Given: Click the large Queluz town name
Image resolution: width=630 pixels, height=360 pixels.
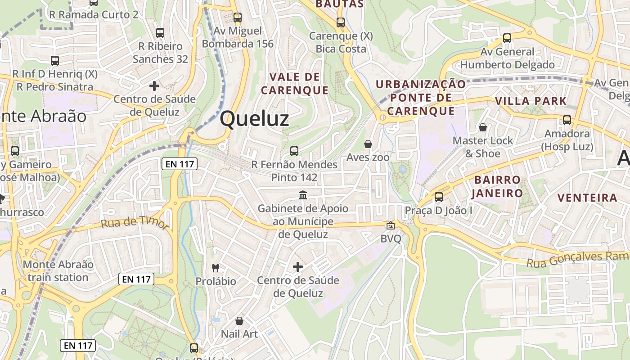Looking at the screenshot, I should [x=254, y=119].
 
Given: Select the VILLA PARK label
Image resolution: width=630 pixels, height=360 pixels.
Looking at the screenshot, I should [x=531, y=101].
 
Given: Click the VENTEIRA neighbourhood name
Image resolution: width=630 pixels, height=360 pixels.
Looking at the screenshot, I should [x=587, y=198].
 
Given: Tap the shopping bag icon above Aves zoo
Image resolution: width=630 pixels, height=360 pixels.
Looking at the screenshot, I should [x=368, y=144].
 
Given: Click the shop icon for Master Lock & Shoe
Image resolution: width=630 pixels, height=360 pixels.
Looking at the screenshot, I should [x=483, y=127].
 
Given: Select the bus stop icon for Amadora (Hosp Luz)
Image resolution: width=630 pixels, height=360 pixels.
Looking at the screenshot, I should [x=567, y=120].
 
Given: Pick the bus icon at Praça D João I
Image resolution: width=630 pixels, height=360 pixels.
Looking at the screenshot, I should [x=439, y=197].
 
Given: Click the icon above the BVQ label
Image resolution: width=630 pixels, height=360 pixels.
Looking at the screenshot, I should [x=390, y=226].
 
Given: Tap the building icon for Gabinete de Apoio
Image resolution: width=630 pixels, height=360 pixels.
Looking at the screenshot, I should [x=303, y=195].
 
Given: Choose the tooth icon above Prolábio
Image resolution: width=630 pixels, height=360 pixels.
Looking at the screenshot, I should [x=216, y=268].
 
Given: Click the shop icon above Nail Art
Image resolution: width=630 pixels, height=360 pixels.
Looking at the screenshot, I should [x=239, y=321].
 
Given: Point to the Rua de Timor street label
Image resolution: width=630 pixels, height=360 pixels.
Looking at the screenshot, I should [x=135, y=222].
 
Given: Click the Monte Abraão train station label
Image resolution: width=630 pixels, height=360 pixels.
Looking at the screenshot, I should [x=58, y=271].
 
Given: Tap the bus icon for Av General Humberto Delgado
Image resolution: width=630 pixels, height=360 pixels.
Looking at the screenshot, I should [x=507, y=38].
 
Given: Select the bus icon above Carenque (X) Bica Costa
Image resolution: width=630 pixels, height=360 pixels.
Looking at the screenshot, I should [x=341, y=22].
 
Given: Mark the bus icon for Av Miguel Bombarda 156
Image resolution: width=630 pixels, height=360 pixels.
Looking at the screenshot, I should [x=237, y=18].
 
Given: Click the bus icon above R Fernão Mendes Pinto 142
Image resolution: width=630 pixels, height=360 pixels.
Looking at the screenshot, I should [x=294, y=151].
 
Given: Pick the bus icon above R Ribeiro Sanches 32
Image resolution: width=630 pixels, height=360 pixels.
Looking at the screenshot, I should [x=160, y=32].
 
